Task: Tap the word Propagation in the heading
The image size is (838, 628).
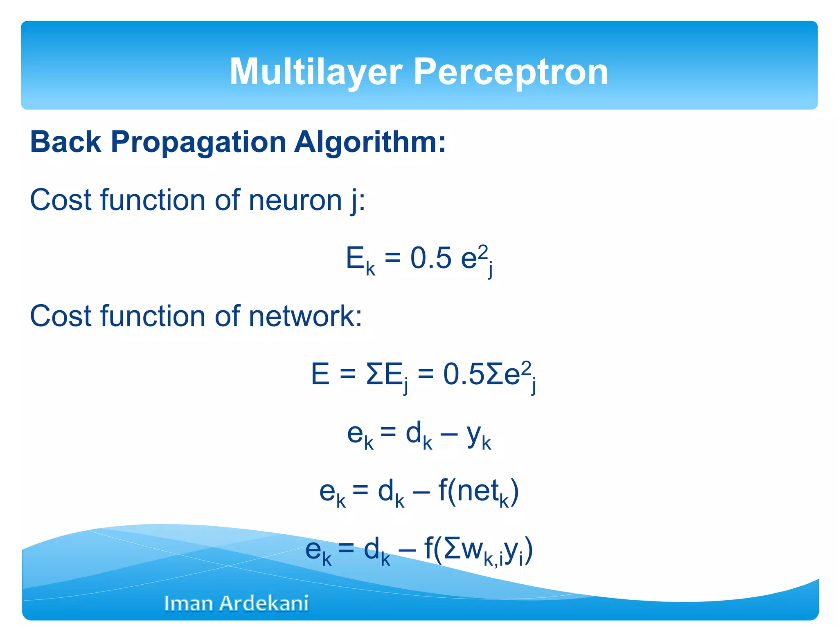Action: (x=198, y=142)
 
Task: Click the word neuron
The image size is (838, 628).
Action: (x=295, y=200)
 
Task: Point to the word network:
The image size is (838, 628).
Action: (x=305, y=316)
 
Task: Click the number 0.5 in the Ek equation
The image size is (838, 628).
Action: (x=430, y=258)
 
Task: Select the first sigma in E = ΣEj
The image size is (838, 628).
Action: (x=374, y=375)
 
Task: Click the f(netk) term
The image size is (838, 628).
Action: (x=478, y=491)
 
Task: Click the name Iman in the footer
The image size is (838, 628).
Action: (x=189, y=603)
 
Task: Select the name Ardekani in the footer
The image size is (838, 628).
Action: (x=264, y=603)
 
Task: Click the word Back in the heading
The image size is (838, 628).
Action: (x=65, y=142)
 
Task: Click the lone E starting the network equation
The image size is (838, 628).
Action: (x=320, y=375)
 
